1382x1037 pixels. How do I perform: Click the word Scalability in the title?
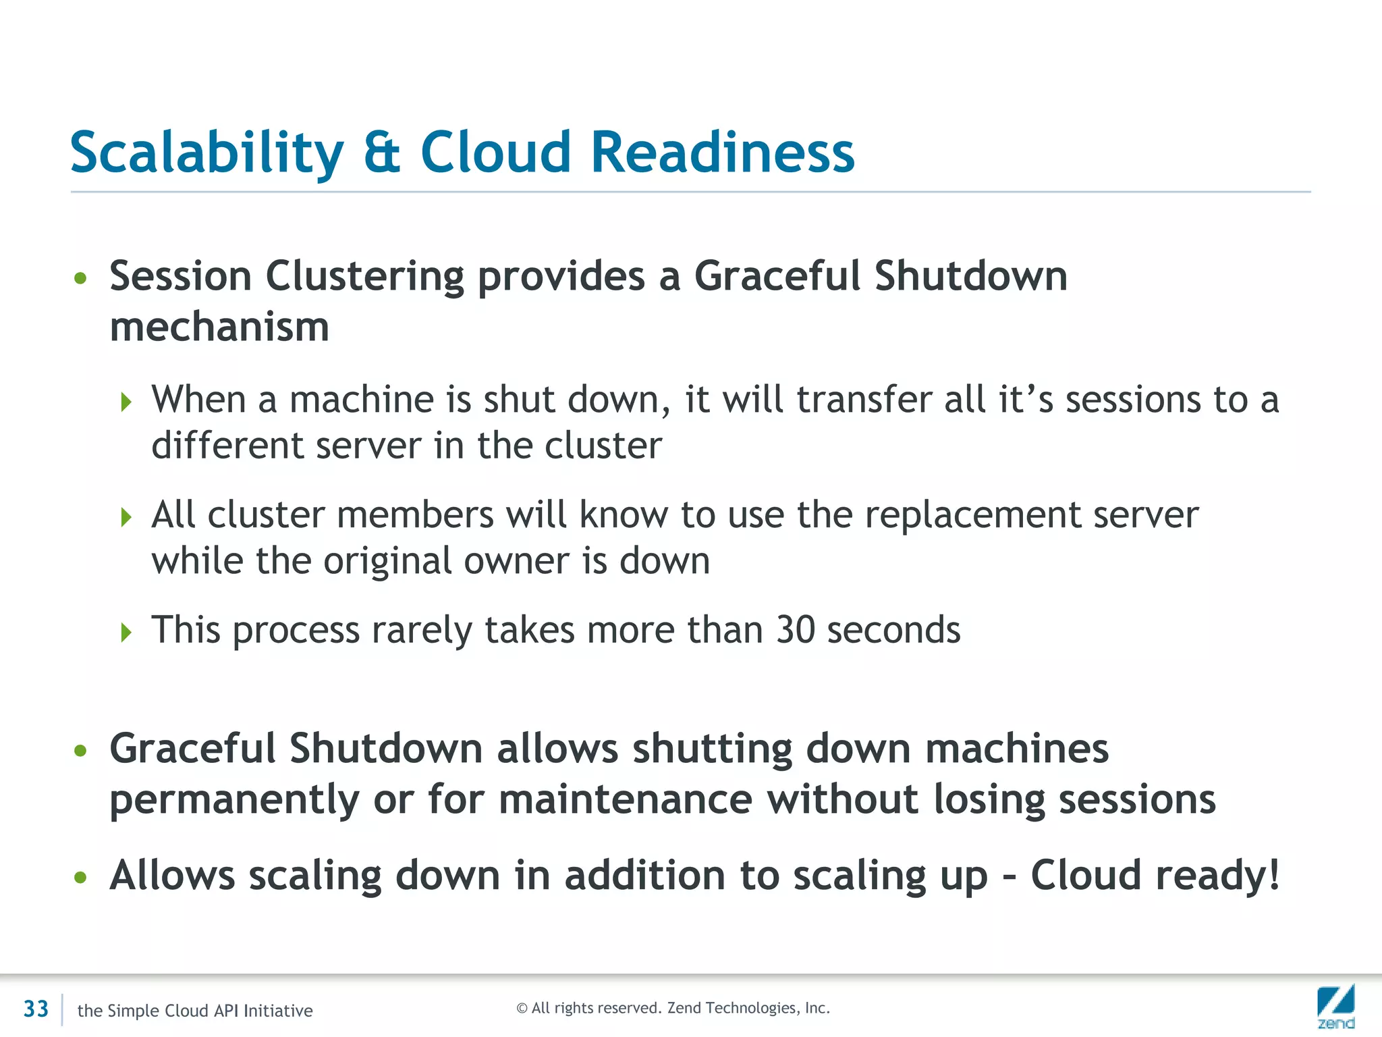(x=206, y=153)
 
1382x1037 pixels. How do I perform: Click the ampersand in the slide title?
(x=382, y=153)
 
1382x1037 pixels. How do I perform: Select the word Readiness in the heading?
(x=723, y=153)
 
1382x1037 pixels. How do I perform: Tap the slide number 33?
(x=36, y=1009)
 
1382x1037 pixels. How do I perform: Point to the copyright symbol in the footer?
(x=522, y=1009)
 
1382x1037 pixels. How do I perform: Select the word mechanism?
(x=219, y=327)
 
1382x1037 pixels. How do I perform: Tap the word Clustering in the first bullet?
(x=364, y=277)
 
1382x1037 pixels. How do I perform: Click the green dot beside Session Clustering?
(x=81, y=278)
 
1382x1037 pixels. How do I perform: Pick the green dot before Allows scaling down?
(x=81, y=877)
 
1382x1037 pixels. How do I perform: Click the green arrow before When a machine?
(x=126, y=402)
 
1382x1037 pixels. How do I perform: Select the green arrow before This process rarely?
(x=126, y=633)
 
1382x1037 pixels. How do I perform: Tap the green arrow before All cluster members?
(x=126, y=518)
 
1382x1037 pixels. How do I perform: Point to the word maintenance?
(x=626, y=800)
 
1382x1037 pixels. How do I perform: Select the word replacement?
(x=972, y=515)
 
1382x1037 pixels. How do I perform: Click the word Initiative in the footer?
(x=278, y=1011)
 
